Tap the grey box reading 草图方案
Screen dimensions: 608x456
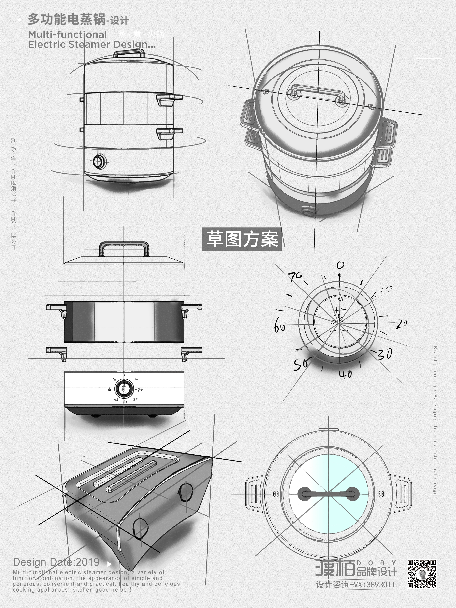(242, 239)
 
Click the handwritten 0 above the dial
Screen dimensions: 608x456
(340, 265)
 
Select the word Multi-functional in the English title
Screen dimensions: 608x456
(67, 35)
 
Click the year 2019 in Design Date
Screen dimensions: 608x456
(87, 562)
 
